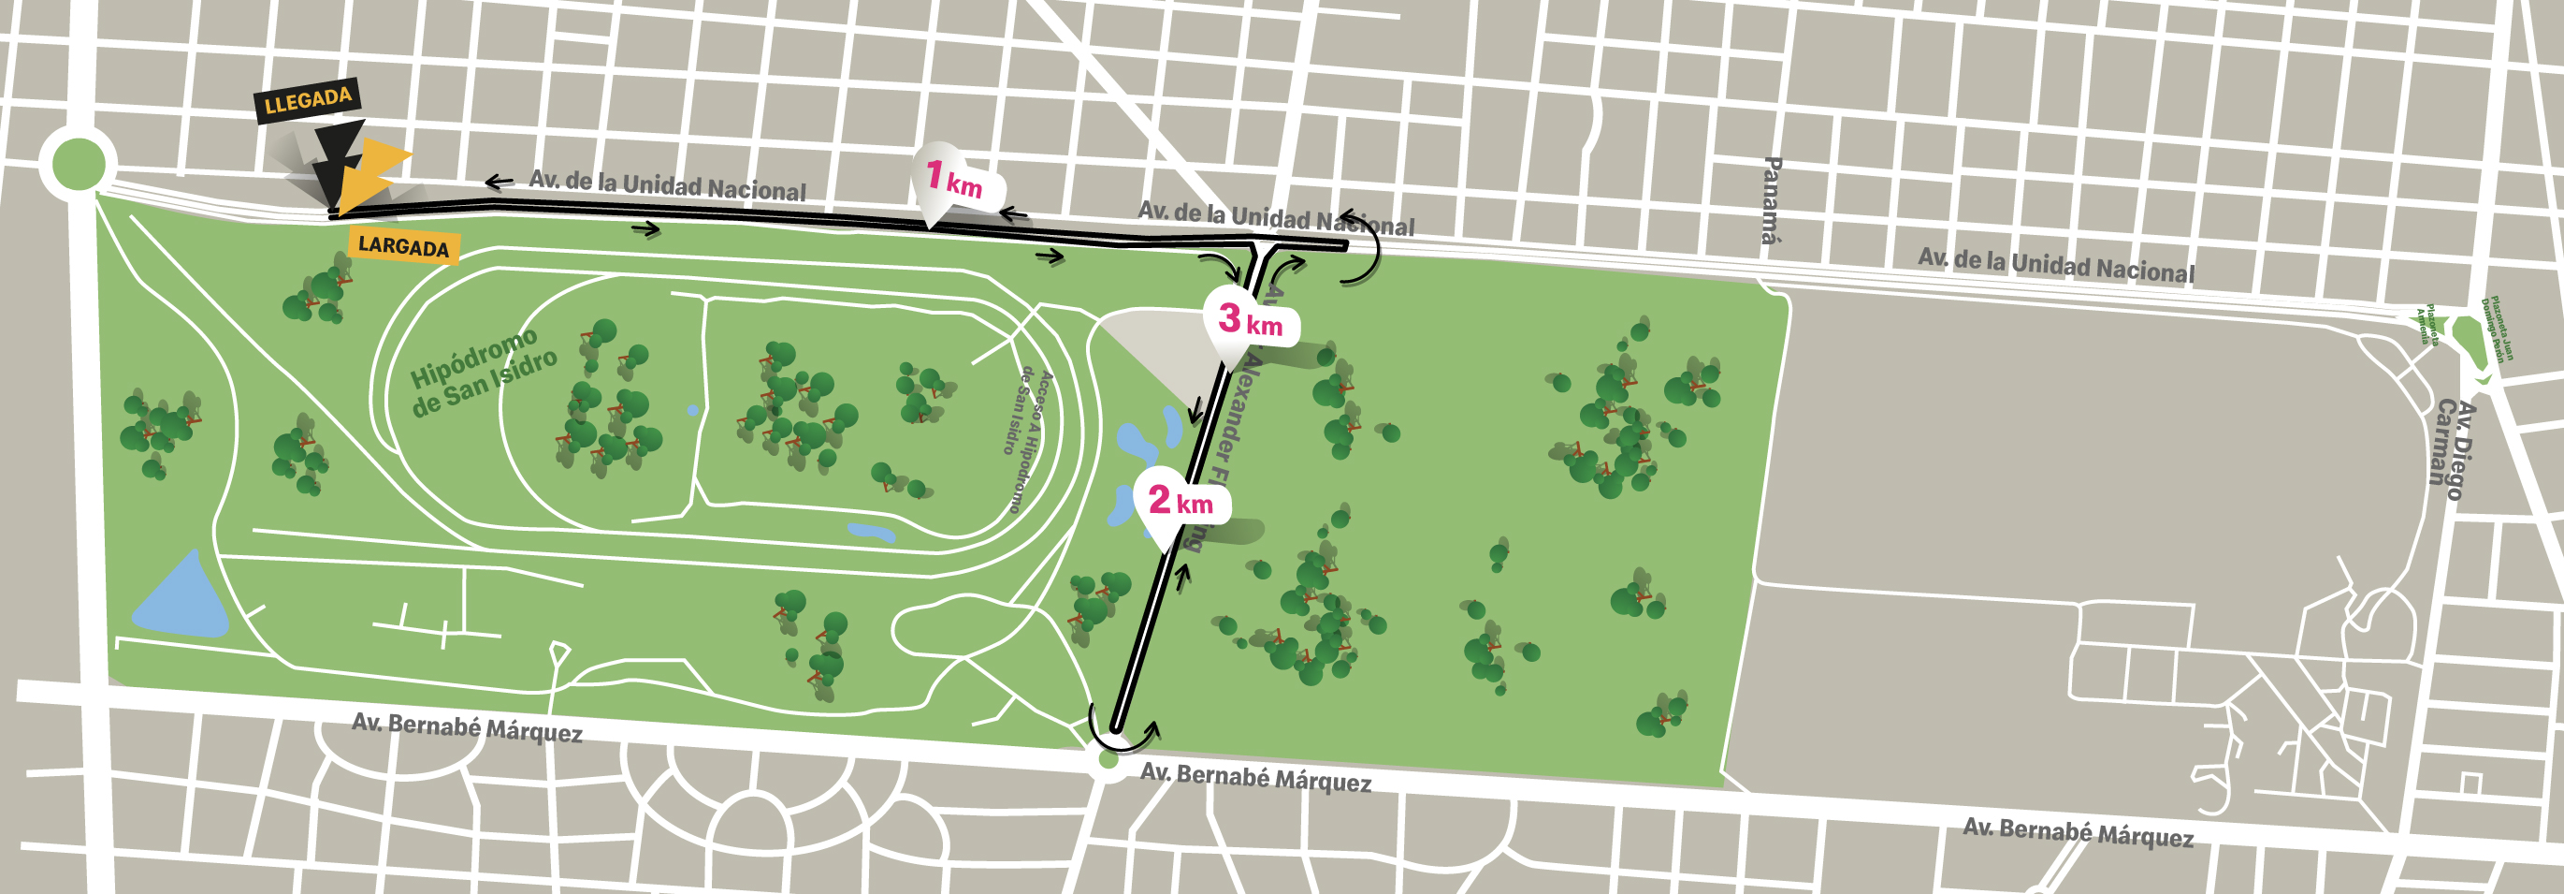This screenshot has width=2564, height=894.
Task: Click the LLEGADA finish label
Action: [x=308, y=99]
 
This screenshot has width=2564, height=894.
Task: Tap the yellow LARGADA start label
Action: [x=403, y=245]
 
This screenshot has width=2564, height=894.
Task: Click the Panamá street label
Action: [x=1770, y=199]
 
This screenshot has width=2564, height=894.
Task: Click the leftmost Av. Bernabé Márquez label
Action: [x=467, y=727]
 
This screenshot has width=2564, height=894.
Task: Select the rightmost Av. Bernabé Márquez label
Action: [x=2078, y=832]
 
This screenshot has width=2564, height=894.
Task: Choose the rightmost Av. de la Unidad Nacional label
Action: [x=2055, y=264]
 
